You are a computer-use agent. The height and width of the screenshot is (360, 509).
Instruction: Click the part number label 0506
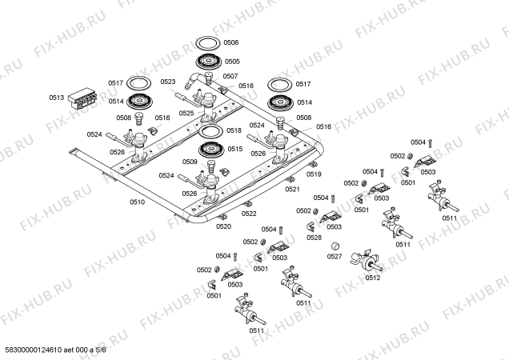pyautogui.click(x=230, y=42)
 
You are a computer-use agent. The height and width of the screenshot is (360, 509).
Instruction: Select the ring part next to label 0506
pyautogui.click(x=208, y=38)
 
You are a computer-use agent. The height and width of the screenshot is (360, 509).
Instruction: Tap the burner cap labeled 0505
pyautogui.click(x=208, y=62)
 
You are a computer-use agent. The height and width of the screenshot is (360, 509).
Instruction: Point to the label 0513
pyautogui.click(x=57, y=98)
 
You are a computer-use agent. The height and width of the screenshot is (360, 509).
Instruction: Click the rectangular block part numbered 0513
pyautogui.click(x=83, y=98)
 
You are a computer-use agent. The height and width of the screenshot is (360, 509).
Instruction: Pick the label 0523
pyautogui.click(x=168, y=82)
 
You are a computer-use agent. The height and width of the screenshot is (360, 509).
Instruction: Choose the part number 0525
pyautogui.click(x=186, y=113)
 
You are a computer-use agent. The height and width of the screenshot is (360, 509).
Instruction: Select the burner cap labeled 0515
pyautogui.click(x=211, y=150)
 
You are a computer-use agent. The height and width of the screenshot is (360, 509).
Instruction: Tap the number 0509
pyautogui.click(x=190, y=162)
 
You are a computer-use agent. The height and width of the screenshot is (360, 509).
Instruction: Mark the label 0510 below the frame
pyautogui.click(x=137, y=202)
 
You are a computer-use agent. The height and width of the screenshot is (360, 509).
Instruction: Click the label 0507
pyautogui.click(x=230, y=76)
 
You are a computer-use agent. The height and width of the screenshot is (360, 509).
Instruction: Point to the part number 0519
pyautogui.click(x=314, y=174)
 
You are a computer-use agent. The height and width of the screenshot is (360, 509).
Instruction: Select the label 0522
pyautogui.click(x=249, y=214)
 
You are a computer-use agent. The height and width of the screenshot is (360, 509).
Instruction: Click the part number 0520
pyautogui.click(x=223, y=226)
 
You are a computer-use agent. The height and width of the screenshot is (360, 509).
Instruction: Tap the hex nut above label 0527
pyautogui.click(x=335, y=246)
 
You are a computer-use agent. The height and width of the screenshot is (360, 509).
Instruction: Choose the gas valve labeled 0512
pyautogui.click(x=367, y=261)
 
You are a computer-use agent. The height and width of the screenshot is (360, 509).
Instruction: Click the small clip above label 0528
pyautogui.click(x=311, y=226)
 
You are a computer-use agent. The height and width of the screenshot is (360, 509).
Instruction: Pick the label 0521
pyautogui.click(x=292, y=189)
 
